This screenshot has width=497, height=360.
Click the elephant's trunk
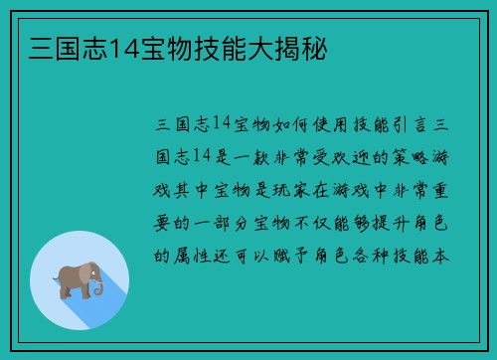(98, 287)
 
